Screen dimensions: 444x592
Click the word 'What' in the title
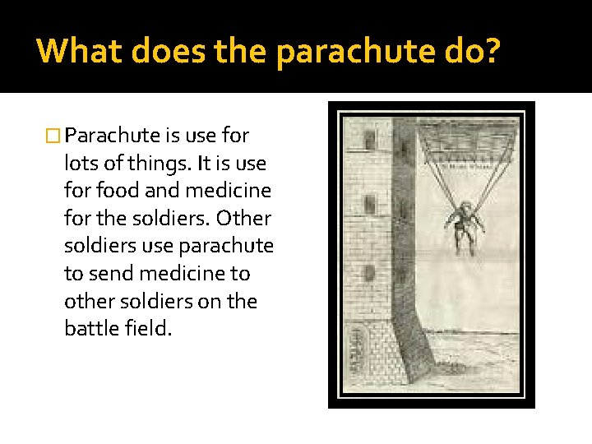coord(76,51)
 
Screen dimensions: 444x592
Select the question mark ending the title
coord(491,51)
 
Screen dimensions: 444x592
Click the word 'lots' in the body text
coord(81,164)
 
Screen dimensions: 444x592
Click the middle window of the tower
coord(370,203)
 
